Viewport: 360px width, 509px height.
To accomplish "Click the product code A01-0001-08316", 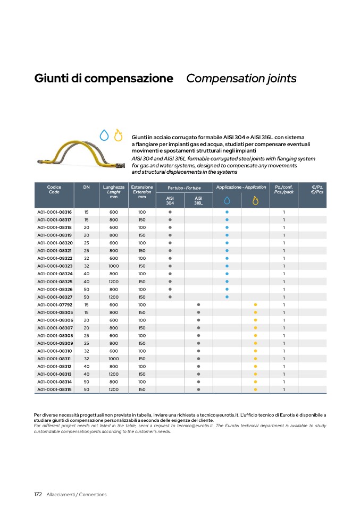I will click(x=54, y=212).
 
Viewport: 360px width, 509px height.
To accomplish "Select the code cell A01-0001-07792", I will click(x=54, y=305).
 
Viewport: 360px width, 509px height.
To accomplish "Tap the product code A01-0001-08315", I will click(x=54, y=389).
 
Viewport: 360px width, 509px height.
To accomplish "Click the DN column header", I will click(x=86, y=188).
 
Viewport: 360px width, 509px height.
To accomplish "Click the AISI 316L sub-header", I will click(x=198, y=200).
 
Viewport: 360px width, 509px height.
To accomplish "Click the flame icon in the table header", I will click(x=255, y=200).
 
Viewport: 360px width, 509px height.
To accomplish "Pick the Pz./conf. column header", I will click(x=284, y=189).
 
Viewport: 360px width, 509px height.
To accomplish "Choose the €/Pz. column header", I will click(x=317, y=189).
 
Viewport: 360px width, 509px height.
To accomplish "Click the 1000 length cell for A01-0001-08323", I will click(x=114, y=266).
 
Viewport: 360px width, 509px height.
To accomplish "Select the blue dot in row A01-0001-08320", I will click(x=227, y=243).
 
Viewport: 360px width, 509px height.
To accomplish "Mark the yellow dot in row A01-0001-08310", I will click(x=255, y=351).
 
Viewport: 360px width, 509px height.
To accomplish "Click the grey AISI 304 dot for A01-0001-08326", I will click(x=170, y=290).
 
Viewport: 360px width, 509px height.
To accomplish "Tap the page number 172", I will click(x=38, y=495).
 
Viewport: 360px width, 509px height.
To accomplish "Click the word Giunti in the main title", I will click(x=51, y=79).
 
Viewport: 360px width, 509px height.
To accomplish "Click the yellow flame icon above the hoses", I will click(x=118, y=135).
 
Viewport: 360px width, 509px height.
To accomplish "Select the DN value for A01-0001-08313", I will click(x=86, y=374).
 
